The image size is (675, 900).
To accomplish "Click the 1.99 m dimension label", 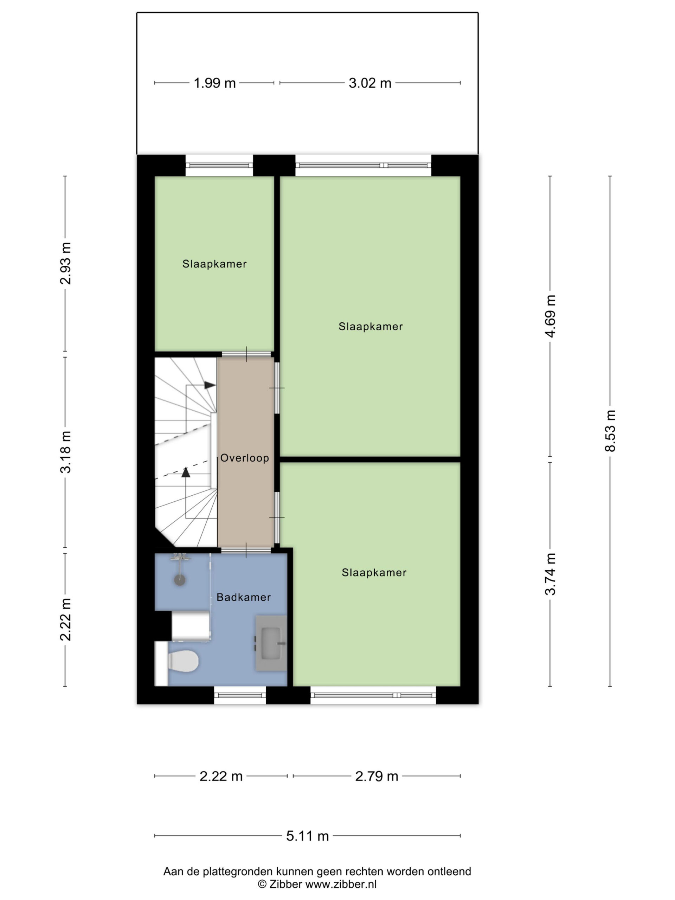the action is (214, 83).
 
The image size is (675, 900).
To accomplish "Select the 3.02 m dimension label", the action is (370, 83).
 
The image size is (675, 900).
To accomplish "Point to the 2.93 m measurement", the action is (65, 263).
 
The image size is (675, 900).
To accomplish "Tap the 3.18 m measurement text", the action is (65, 452).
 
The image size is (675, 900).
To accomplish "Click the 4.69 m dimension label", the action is (550, 316).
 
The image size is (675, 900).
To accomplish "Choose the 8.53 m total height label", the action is (610, 430).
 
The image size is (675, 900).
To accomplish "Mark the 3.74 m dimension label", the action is (550, 574).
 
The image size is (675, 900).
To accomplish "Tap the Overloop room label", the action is (245, 458).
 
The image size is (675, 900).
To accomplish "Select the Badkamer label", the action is (243, 597).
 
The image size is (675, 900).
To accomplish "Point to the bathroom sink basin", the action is (271, 643).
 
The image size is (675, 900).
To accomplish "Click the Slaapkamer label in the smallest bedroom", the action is (214, 264).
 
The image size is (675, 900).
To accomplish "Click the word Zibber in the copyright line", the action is (285, 884).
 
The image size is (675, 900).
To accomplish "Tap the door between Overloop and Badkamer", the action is (246, 551).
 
